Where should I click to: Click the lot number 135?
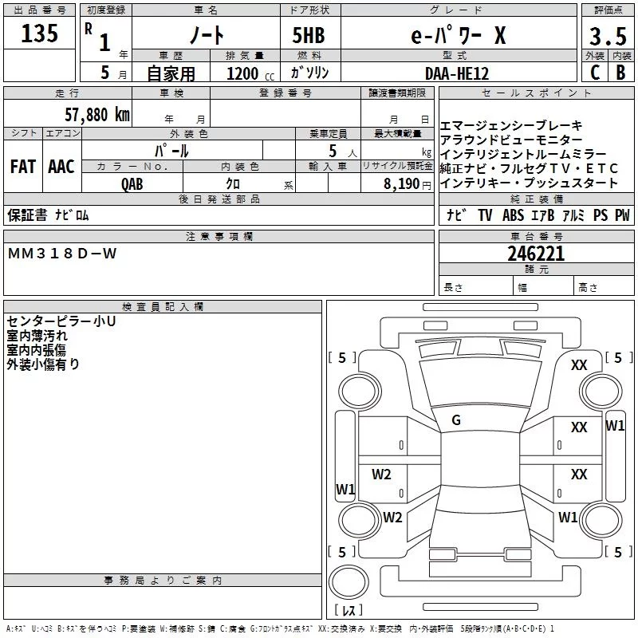(x=39, y=33)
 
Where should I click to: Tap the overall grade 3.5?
(x=608, y=36)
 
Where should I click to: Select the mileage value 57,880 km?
(x=97, y=115)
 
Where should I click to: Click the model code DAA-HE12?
(x=456, y=73)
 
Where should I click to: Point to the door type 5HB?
(x=309, y=35)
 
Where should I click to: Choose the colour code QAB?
(x=132, y=184)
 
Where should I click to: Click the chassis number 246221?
(x=536, y=254)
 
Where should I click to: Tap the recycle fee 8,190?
(x=402, y=184)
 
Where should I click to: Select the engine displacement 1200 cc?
(x=250, y=73)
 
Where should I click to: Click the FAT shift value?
(x=23, y=167)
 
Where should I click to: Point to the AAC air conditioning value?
(x=61, y=167)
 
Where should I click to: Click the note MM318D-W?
(x=62, y=254)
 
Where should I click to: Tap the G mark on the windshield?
(x=456, y=420)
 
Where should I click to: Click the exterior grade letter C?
(x=595, y=73)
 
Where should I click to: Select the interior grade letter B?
(x=621, y=73)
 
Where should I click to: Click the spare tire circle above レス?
(x=349, y=582)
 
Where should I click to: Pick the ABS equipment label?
(x=513, y=215)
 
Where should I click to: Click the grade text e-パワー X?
(x=459, y=35)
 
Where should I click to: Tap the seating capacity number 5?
(x=333, y=152)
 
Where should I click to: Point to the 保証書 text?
(x=27, y=215)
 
